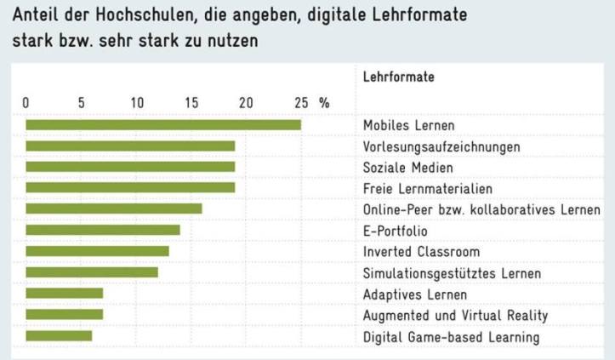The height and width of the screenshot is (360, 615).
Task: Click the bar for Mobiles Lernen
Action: pyautogui.click(x=163, y=125)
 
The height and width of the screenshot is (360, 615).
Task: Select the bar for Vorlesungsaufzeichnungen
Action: pyautogui.click(x=130, y=146)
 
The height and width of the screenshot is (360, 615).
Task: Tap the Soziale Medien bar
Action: pyautogui.click(x=130, y=167)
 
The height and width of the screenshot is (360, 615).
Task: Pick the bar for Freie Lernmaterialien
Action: pyautogui.click(x=130, y=188)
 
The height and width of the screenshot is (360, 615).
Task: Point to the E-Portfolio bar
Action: pyautogui.click(x=103, y=230)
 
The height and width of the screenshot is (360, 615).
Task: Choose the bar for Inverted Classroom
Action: pyautogui.click(x=97, y=251)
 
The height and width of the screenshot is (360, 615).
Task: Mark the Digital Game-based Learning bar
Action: pyautogui.click(x=59, y=336)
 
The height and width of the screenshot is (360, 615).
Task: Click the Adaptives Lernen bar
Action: pyautogui.click(x=64, y=294)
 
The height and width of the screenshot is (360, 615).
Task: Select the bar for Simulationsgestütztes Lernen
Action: pyautogui.click(x=92, y=272)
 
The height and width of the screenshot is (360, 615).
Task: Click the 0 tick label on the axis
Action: pyautogui.click(x=26, y=103)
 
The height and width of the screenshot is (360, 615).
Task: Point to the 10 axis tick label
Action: pyautogui.click(x=136, y=103)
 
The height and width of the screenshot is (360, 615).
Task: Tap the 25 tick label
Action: pyautogui.click(x=301, y=103)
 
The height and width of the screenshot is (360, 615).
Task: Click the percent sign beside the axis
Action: pyautogui.click(x=324, y=103)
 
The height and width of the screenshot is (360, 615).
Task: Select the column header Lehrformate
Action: pyautogui.click(x=399, y=77)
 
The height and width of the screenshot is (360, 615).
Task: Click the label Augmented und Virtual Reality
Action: pyautogui.click(x=455, y=316)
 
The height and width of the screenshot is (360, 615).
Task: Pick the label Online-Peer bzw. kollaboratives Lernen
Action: pyautogui.click(x=481, y=209)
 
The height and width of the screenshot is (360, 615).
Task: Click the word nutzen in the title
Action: pyautogui.click(x=228, y=41)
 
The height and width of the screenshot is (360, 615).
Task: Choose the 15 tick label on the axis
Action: pyautogui.click(x=191, y=103)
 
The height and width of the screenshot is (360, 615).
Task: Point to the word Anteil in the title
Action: pyautogui.click(x=36, y=16)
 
